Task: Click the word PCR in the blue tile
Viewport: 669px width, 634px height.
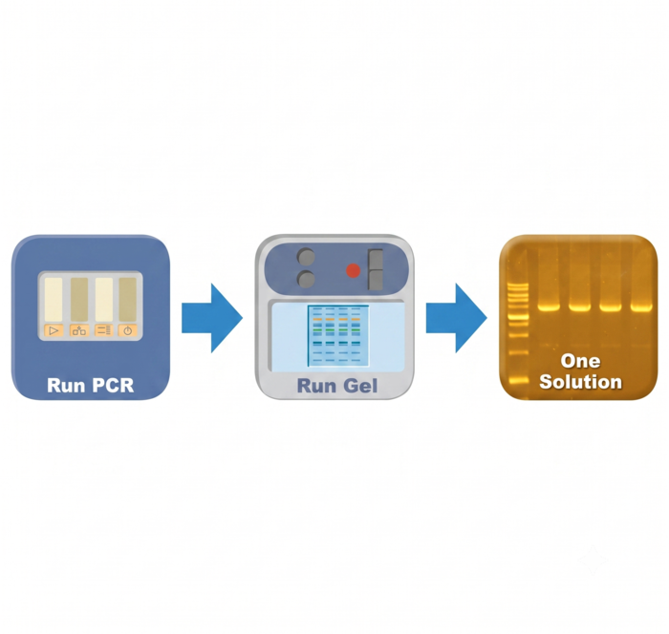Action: coord(113,386)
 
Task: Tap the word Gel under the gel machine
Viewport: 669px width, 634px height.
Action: coord(357,386)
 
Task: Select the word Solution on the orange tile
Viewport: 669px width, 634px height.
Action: coord(580,382)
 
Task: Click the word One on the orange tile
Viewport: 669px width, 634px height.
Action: coord(580,361)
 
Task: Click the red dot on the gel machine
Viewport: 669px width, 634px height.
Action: coord(353,270)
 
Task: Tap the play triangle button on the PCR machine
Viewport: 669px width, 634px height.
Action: coord(54,330)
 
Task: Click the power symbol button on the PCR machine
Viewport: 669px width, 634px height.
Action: coord(127,330)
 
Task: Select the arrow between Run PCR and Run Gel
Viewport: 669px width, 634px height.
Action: coord(212,318)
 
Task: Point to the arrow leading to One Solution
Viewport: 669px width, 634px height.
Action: coord(457,318)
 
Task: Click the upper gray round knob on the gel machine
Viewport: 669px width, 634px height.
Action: coord(306,258)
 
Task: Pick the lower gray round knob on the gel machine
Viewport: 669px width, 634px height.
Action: coord(306,279)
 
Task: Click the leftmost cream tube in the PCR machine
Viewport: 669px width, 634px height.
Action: coord(54,299)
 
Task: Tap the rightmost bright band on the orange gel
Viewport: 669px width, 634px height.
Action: coord(641,306)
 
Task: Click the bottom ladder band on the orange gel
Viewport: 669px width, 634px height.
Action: coord(518,380)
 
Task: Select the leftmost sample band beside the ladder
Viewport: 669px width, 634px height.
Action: coord(549,306)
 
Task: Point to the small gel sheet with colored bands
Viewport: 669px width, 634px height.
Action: coord(338,335)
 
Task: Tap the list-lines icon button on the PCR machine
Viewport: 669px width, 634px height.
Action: coord(103,330)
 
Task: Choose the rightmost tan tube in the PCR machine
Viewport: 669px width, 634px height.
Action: coord(127,299)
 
